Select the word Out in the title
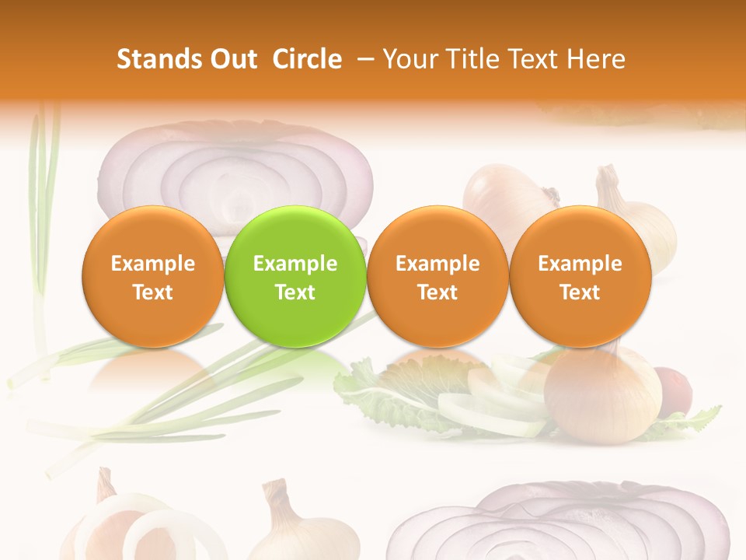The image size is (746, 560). [x=233, y=59]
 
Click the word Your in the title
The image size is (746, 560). [x=410, y=59]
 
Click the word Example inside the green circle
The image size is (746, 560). [x=295, y=264]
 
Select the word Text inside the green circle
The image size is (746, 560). [x=295, y=292]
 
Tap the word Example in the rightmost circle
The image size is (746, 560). [x=580, y=264]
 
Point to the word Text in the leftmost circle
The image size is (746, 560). [x=152, y=292]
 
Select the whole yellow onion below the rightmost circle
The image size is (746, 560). [x=602, y=393]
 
